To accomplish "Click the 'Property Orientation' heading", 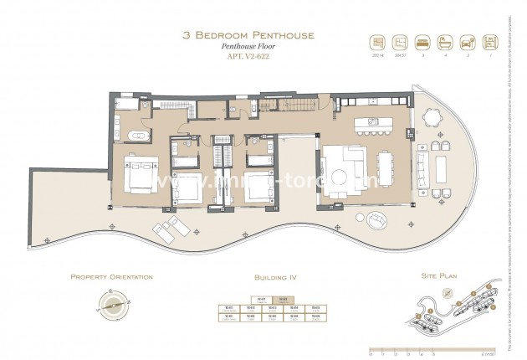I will tap(110, 276).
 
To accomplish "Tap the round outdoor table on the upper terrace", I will tap(432, 117).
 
